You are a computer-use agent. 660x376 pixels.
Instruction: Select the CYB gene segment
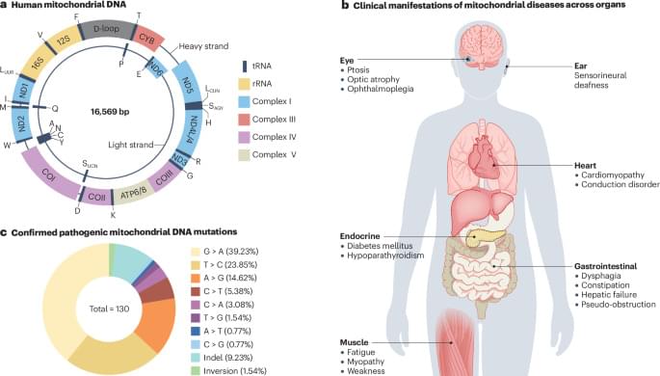(x=147, y=40)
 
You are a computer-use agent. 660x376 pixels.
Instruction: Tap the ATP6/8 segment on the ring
(x=134, y=195)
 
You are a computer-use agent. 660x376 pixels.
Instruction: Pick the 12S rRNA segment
(x=64, y=40)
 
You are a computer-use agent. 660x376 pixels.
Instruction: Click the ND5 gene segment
(x=187, y=83)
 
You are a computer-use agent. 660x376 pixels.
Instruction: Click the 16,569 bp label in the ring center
(x=110, y=112)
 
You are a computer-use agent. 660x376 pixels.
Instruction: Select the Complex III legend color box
(x=244, y=120)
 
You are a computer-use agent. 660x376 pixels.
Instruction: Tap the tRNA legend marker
(x=244, y=67)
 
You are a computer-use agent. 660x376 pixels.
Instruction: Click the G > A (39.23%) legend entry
(x=224, y=252)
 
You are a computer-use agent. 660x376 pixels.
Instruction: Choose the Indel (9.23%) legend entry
(x=222, y=358)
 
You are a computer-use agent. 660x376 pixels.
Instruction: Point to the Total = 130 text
(x=109, y=309)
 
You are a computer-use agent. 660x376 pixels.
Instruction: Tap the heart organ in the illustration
(x=484, y=160)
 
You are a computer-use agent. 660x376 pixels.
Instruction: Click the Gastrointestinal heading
(x=606, y=266)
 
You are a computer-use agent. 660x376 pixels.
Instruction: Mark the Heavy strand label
(x=203, y=46)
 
